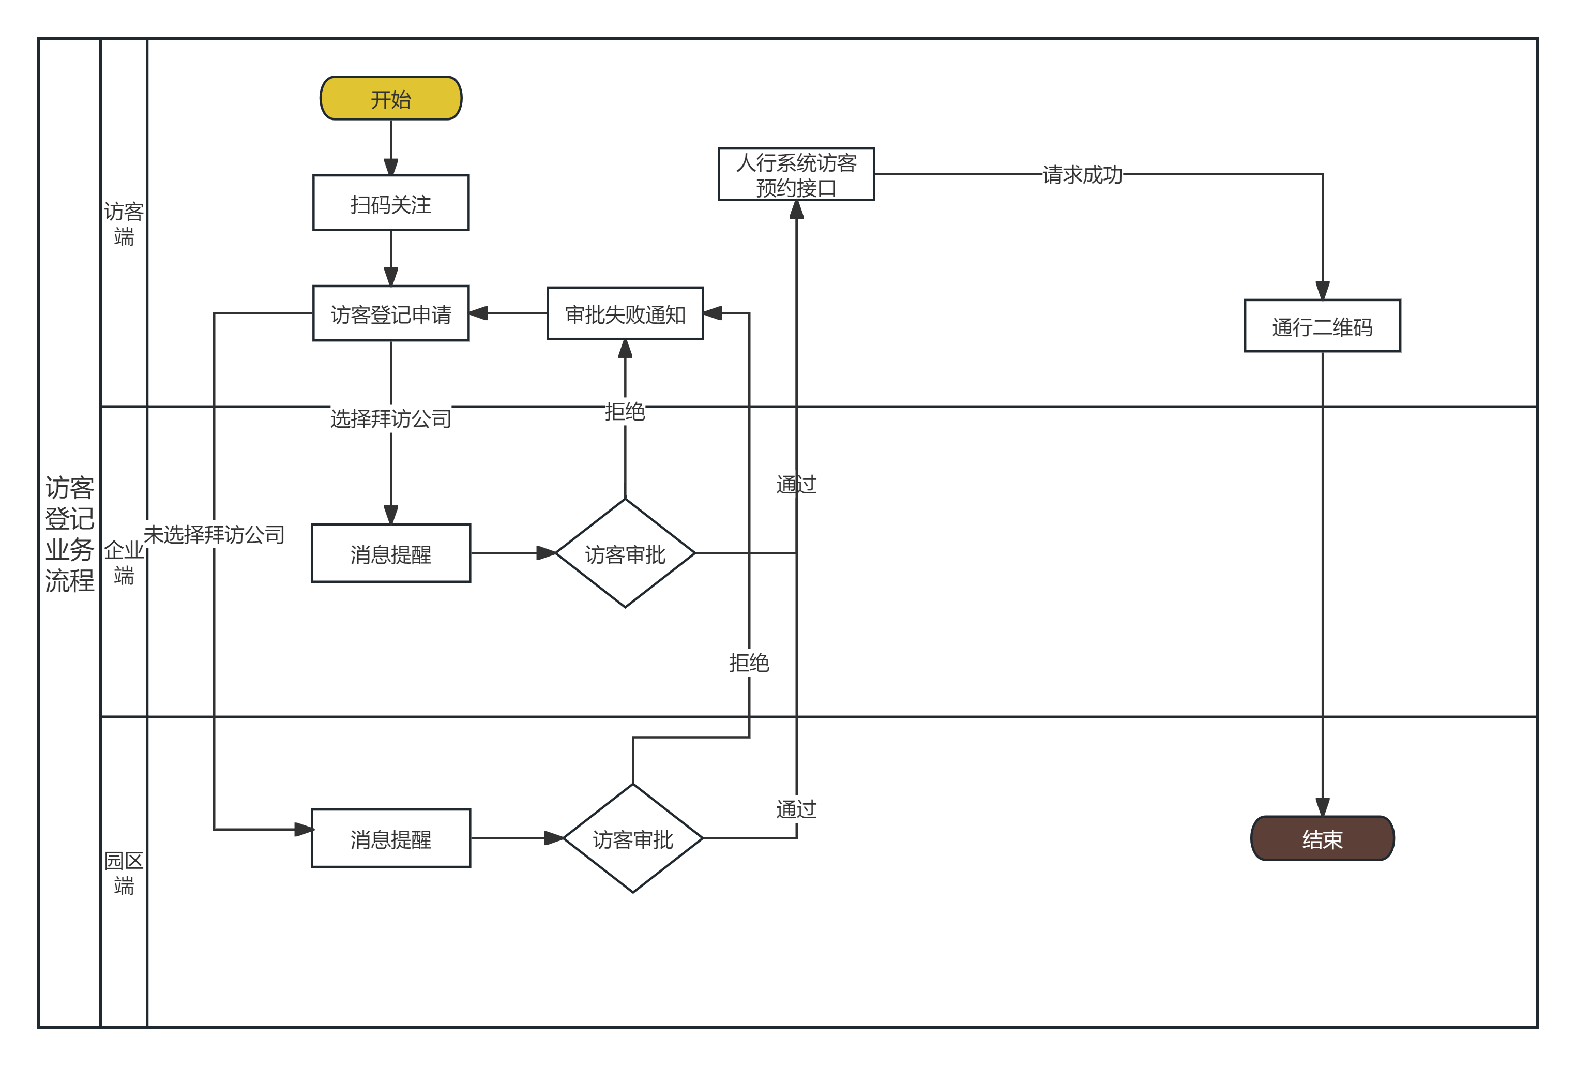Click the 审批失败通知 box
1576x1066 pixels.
click(x=625, y=313)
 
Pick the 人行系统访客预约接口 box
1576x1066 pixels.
click(x=796, y=174)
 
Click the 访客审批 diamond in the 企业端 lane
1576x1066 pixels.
click(x=625, y=553)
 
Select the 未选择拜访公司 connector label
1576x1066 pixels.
click(x=214, y=535)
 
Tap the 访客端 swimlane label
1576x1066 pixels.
click(x=124, y=224)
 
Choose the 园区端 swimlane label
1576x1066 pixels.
click(x=124, y=873)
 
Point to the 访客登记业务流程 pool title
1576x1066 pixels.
click(x=69, y=534)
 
